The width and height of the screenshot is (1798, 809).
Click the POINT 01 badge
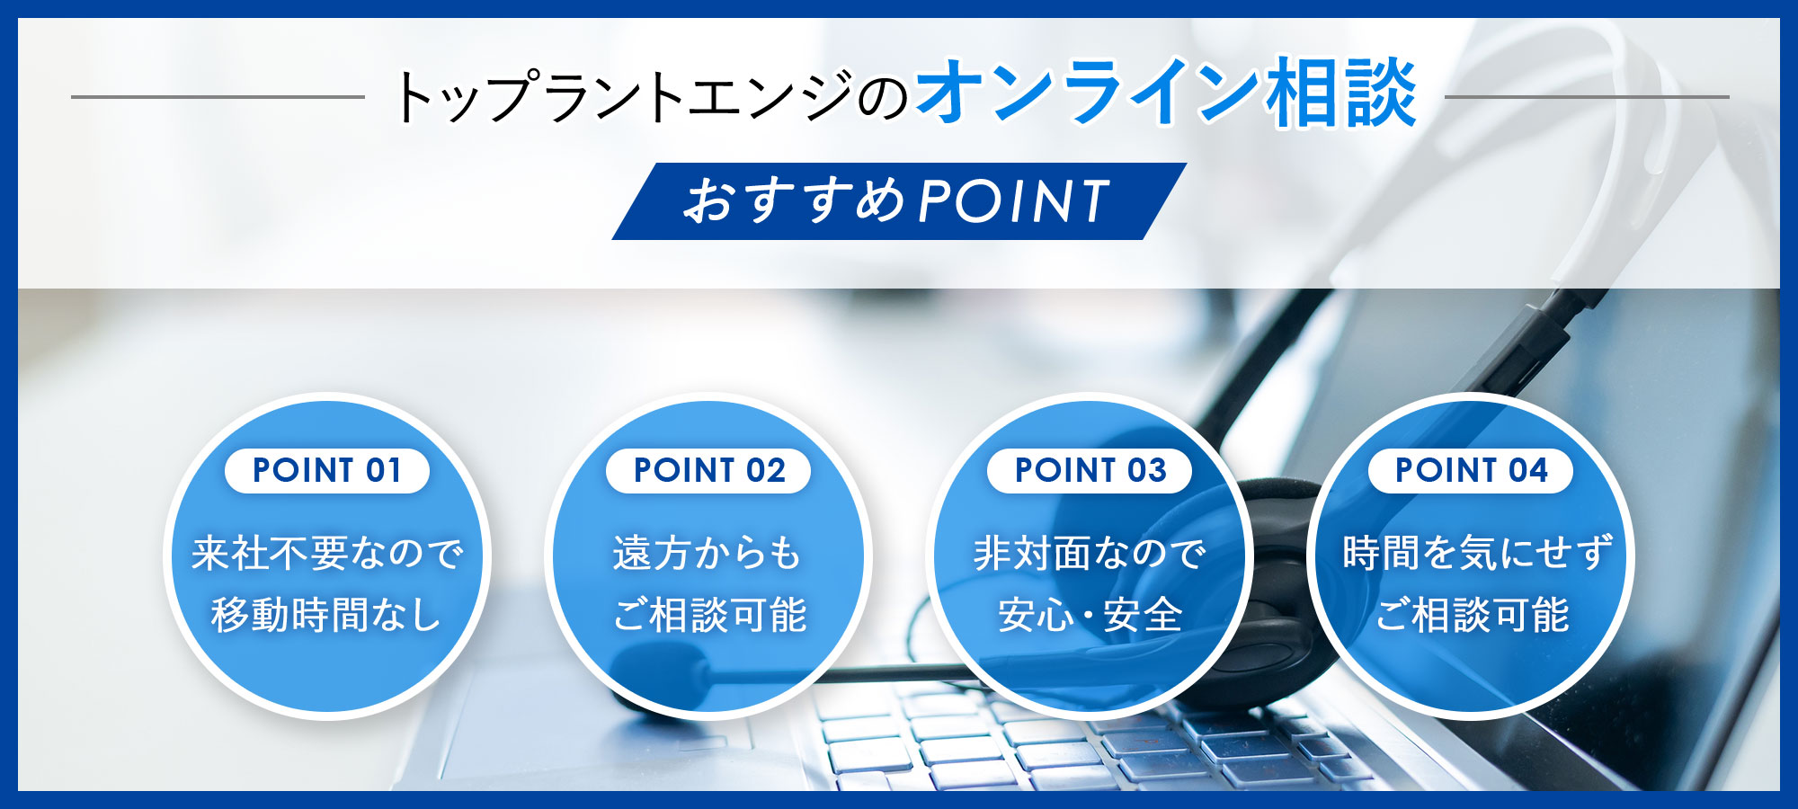click(327, 470)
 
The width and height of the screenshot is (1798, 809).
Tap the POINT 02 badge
click(708, 470)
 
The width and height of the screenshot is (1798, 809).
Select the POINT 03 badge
click(1090, 470)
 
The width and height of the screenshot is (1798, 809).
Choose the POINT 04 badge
click(1471, 470)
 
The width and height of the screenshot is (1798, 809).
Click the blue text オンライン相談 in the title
click(1166, 93)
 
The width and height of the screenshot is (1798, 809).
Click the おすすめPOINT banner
click(899, 201)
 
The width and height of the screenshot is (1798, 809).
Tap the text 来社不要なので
click(327, 553)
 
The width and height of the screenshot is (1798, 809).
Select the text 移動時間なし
click(327, 616)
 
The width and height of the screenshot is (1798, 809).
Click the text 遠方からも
click(708, 553)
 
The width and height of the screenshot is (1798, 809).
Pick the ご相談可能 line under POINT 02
click(709, 616)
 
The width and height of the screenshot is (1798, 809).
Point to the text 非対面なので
click(1090, 553)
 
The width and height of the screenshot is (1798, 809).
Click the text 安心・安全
click(1090, 616)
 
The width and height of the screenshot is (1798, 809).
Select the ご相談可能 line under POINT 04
click(1472, 616)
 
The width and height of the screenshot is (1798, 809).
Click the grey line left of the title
click(218, 97)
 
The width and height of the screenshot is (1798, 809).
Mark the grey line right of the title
click(1587, 97)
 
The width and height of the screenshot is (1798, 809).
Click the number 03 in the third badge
click(1147, 470)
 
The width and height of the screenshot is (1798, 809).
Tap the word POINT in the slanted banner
click(1014, 200)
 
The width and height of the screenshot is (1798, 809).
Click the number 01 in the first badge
click(384, 470)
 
